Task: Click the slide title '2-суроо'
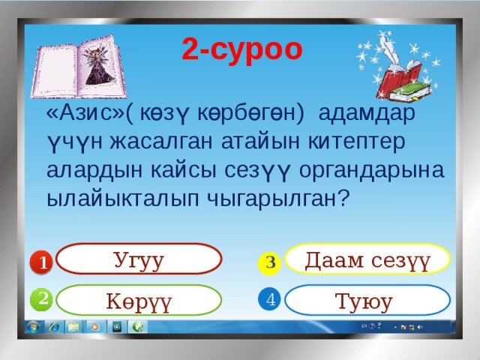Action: point(241,49)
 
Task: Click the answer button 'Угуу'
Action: point(139,260)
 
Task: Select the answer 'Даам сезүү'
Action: point(367,260)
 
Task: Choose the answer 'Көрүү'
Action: point(139,301)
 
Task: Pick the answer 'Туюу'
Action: point(367,301)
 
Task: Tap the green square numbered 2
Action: point(43,298)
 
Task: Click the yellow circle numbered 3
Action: point(271,262)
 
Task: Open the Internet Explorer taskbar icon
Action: point(55,327)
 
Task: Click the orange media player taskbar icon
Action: point(96,327)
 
